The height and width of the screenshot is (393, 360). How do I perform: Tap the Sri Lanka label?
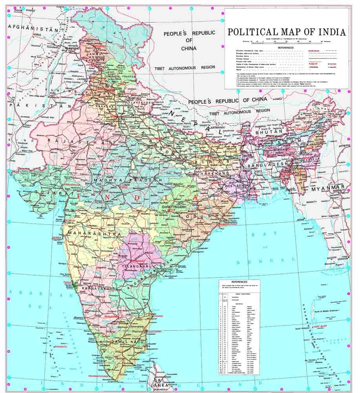coord(163,383)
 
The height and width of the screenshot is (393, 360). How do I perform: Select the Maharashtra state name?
coord(94,234)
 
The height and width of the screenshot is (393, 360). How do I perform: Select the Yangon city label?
coord(343,259)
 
